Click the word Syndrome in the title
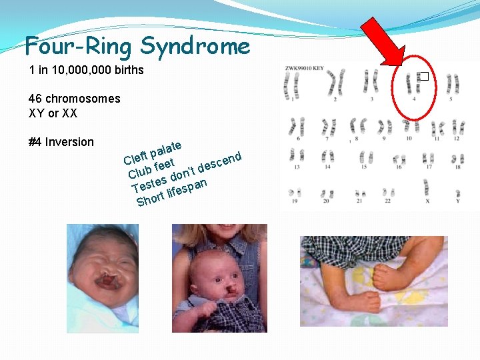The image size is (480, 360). pyautogui.click(x=195, y=46)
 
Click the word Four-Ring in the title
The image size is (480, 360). pyautogui.click(x=80, y=46)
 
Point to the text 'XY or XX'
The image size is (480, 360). pyautogui.click(x=53, y=113)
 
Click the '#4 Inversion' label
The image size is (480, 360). pyautogui.click(x=61, y=141)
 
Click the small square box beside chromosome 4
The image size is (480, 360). pyautogui.click(x=422, y=77)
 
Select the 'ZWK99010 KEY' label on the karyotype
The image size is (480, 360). pyautogui.click(x=305, y=68)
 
